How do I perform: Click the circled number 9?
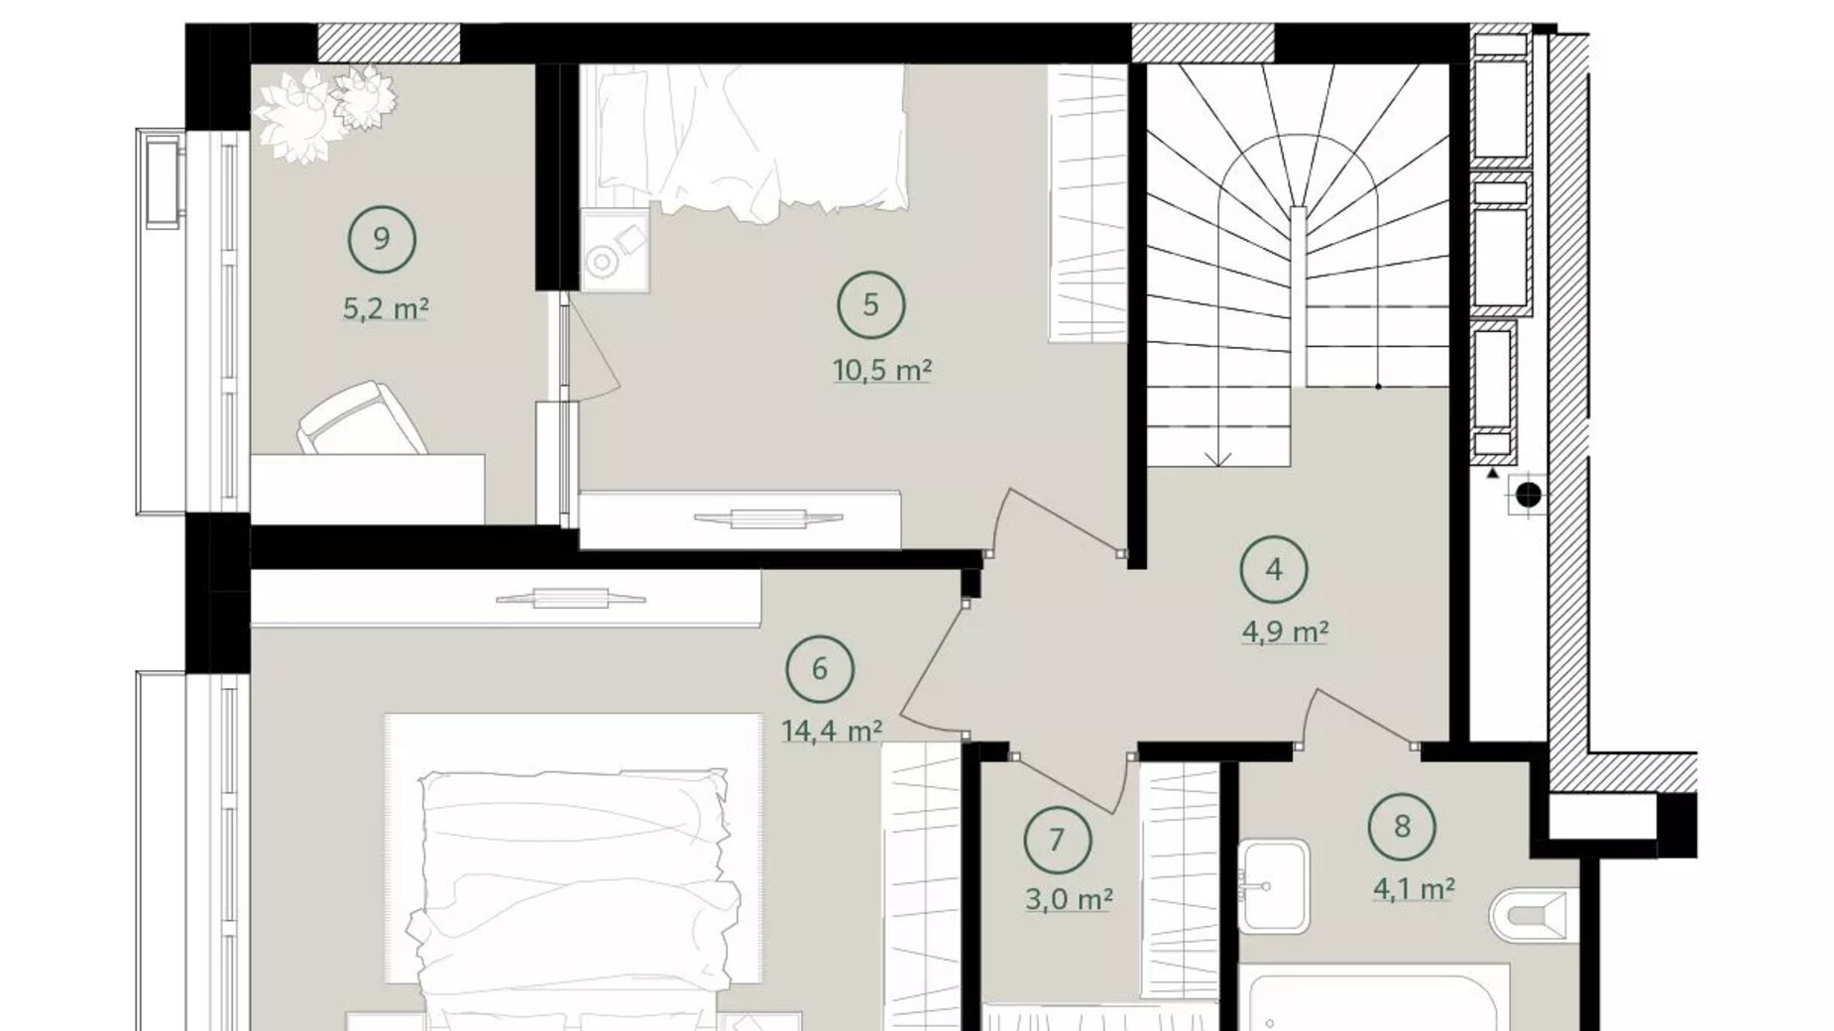coord(382,239)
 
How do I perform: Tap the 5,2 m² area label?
coord(386,309)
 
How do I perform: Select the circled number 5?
coord(870,304)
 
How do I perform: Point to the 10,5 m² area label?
coord(881,371)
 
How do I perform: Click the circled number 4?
coord(1274,569)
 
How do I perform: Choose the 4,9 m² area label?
coord(1285,631)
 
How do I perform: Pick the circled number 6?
coord(819,669)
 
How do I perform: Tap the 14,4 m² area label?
coord(831,732)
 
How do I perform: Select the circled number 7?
coord(1057,841)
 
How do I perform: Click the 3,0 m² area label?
coord(1068,900)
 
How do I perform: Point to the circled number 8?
coord(1402,826)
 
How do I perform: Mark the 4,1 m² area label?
coord(1413,889)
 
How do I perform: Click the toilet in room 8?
coord(1532,914)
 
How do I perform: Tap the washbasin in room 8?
coord(1273,885)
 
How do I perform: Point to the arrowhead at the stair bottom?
coord(1218,459)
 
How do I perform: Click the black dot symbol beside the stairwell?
coord(1529,494)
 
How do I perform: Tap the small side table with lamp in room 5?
coord(615,249)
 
